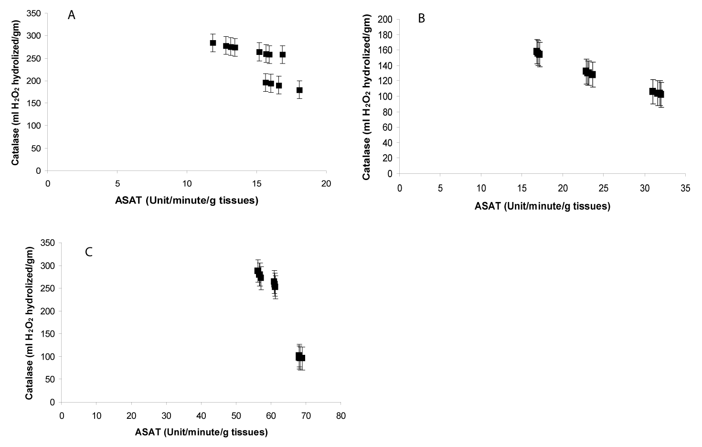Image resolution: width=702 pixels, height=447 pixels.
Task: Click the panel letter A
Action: pos(72,15)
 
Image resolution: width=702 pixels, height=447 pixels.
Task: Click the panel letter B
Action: pos(421,19)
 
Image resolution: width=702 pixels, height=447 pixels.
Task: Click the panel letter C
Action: pos(88,252)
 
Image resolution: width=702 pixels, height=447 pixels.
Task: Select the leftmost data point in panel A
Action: pos(213,43)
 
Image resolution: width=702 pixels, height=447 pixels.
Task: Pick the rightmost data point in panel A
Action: pos(299,90)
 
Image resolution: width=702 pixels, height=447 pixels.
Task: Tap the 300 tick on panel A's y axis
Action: pos(35,36)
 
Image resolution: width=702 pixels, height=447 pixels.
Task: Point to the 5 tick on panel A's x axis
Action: pos(117,183)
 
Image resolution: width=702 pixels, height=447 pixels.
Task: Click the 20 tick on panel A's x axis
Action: pos(326,183)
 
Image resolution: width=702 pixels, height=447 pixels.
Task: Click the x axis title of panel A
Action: pos(187,201)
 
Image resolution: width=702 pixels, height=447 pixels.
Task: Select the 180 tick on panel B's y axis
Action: pos(386,35)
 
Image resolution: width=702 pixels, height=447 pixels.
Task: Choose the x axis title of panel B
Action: pos(542,206)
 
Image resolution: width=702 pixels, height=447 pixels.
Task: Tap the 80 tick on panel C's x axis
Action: pos(340,416)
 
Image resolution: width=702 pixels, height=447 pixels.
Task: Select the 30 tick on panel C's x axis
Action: pos(166,416)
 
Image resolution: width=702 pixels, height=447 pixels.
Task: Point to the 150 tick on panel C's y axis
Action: pos(49,334)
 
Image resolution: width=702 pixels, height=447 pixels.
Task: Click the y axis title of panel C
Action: pos(29,323)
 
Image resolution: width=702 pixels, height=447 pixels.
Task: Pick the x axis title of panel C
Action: pos(201,433)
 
